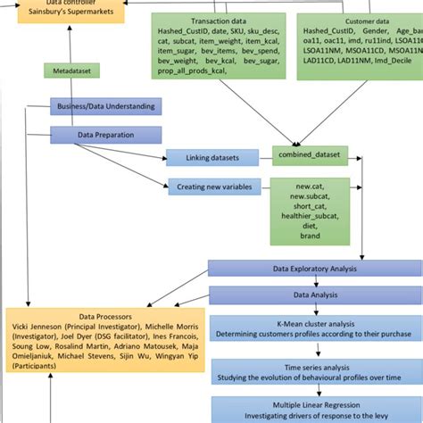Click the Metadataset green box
[71, 70]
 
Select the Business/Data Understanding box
[105, 106]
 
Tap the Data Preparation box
[105, 135]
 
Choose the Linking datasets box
[212, 158]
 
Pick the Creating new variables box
[212, 187]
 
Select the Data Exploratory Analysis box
[314, 268]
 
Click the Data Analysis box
[314, 294]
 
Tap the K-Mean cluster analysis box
[314, 328]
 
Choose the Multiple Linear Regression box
[314, 408]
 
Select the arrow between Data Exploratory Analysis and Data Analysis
[314, 281]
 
